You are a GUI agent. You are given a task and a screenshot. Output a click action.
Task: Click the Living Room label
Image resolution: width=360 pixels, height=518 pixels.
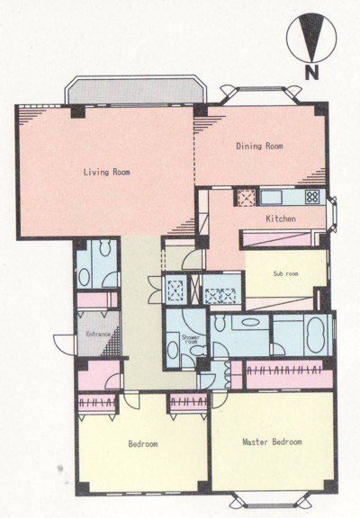tap(106, 172)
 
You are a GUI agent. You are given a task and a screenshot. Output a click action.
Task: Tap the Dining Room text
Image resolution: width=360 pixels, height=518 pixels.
tap(259, 146)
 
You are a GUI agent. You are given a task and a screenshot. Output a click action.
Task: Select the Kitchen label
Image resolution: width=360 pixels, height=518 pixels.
tap(281, 219)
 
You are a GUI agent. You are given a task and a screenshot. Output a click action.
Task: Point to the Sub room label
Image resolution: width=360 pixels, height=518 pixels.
tap(285, 273)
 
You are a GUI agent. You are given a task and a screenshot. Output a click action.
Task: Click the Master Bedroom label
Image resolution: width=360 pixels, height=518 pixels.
tap(272, 442)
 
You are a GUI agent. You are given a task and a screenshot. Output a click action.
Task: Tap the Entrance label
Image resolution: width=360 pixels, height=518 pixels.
tap(98, 334)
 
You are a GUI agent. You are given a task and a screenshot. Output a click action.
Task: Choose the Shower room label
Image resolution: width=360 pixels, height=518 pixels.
tap(191, 340)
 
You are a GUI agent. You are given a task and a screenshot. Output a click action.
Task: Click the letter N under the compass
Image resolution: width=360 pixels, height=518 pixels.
tap(311, 74)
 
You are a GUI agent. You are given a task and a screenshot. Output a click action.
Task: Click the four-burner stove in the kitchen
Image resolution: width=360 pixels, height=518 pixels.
tap(312, 197)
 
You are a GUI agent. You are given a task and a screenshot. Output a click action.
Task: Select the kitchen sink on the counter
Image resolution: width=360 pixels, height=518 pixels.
tap(272, 198)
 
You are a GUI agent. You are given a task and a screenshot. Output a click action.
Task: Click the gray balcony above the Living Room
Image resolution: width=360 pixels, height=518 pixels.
tap(136, 91)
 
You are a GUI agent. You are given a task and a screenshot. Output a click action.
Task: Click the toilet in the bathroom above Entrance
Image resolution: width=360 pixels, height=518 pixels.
tap(105, 248)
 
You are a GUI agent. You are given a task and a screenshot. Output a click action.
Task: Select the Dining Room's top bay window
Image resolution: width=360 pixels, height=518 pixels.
tap(261, 94)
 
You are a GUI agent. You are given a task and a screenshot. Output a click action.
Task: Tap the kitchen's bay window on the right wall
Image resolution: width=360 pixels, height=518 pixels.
tap(332, 214)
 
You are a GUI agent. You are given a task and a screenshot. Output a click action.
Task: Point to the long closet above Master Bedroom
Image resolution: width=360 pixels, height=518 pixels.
tap(289, 375)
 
